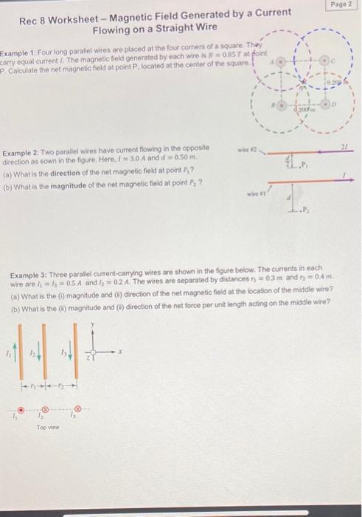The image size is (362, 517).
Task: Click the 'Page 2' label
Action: pyautogui.click(x=341, y=4)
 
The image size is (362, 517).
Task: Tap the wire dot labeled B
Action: pyautogui.click(x=280, y=104)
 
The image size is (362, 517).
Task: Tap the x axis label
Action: pyautogui.click(x=120, y=353)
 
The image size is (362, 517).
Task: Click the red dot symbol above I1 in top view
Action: pyautogui.click(x=22, y=408)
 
